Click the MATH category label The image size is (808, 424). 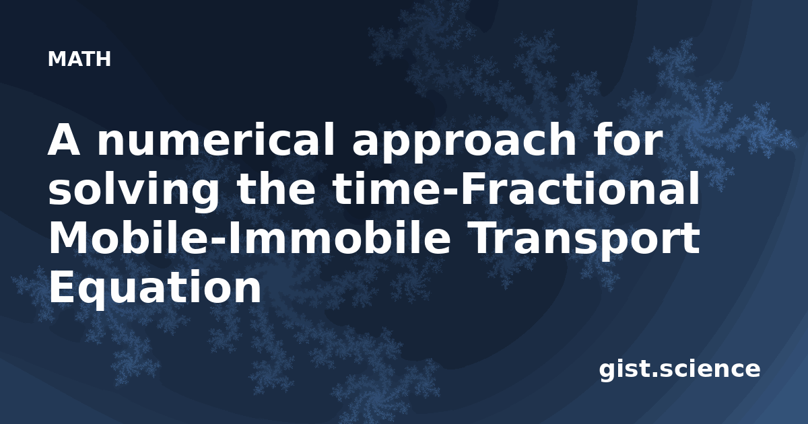[79, 59]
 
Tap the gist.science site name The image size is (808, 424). [679, 370]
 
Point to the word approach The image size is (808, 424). [464, 143]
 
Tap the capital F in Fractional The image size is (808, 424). [470, 189]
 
